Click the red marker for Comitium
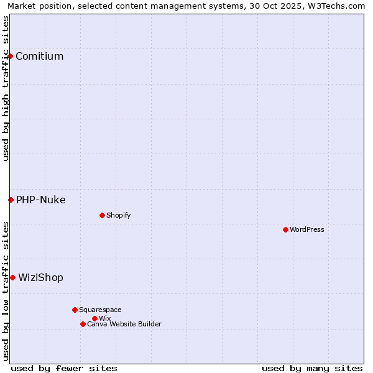coord(10,57)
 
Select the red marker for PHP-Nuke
coord(11,200)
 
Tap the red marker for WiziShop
coord(12,277)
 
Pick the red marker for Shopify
coord(102,215)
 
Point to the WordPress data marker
coord(285,229)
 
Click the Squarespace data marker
coord(75,310)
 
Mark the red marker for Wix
coord(94,318)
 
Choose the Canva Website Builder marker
coord(83,324)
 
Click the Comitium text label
coord(39,57)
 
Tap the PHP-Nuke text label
coord(40,200)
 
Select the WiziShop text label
coord(40,277)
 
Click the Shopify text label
coord(118,215)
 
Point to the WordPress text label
coord(307,229)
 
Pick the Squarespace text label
coord(100,310)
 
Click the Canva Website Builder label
coord(124,324)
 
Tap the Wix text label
coord(104,318)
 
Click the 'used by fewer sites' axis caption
coord(64,368)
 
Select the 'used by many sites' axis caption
coord(312,368)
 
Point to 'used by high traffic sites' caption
coord(6,88)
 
